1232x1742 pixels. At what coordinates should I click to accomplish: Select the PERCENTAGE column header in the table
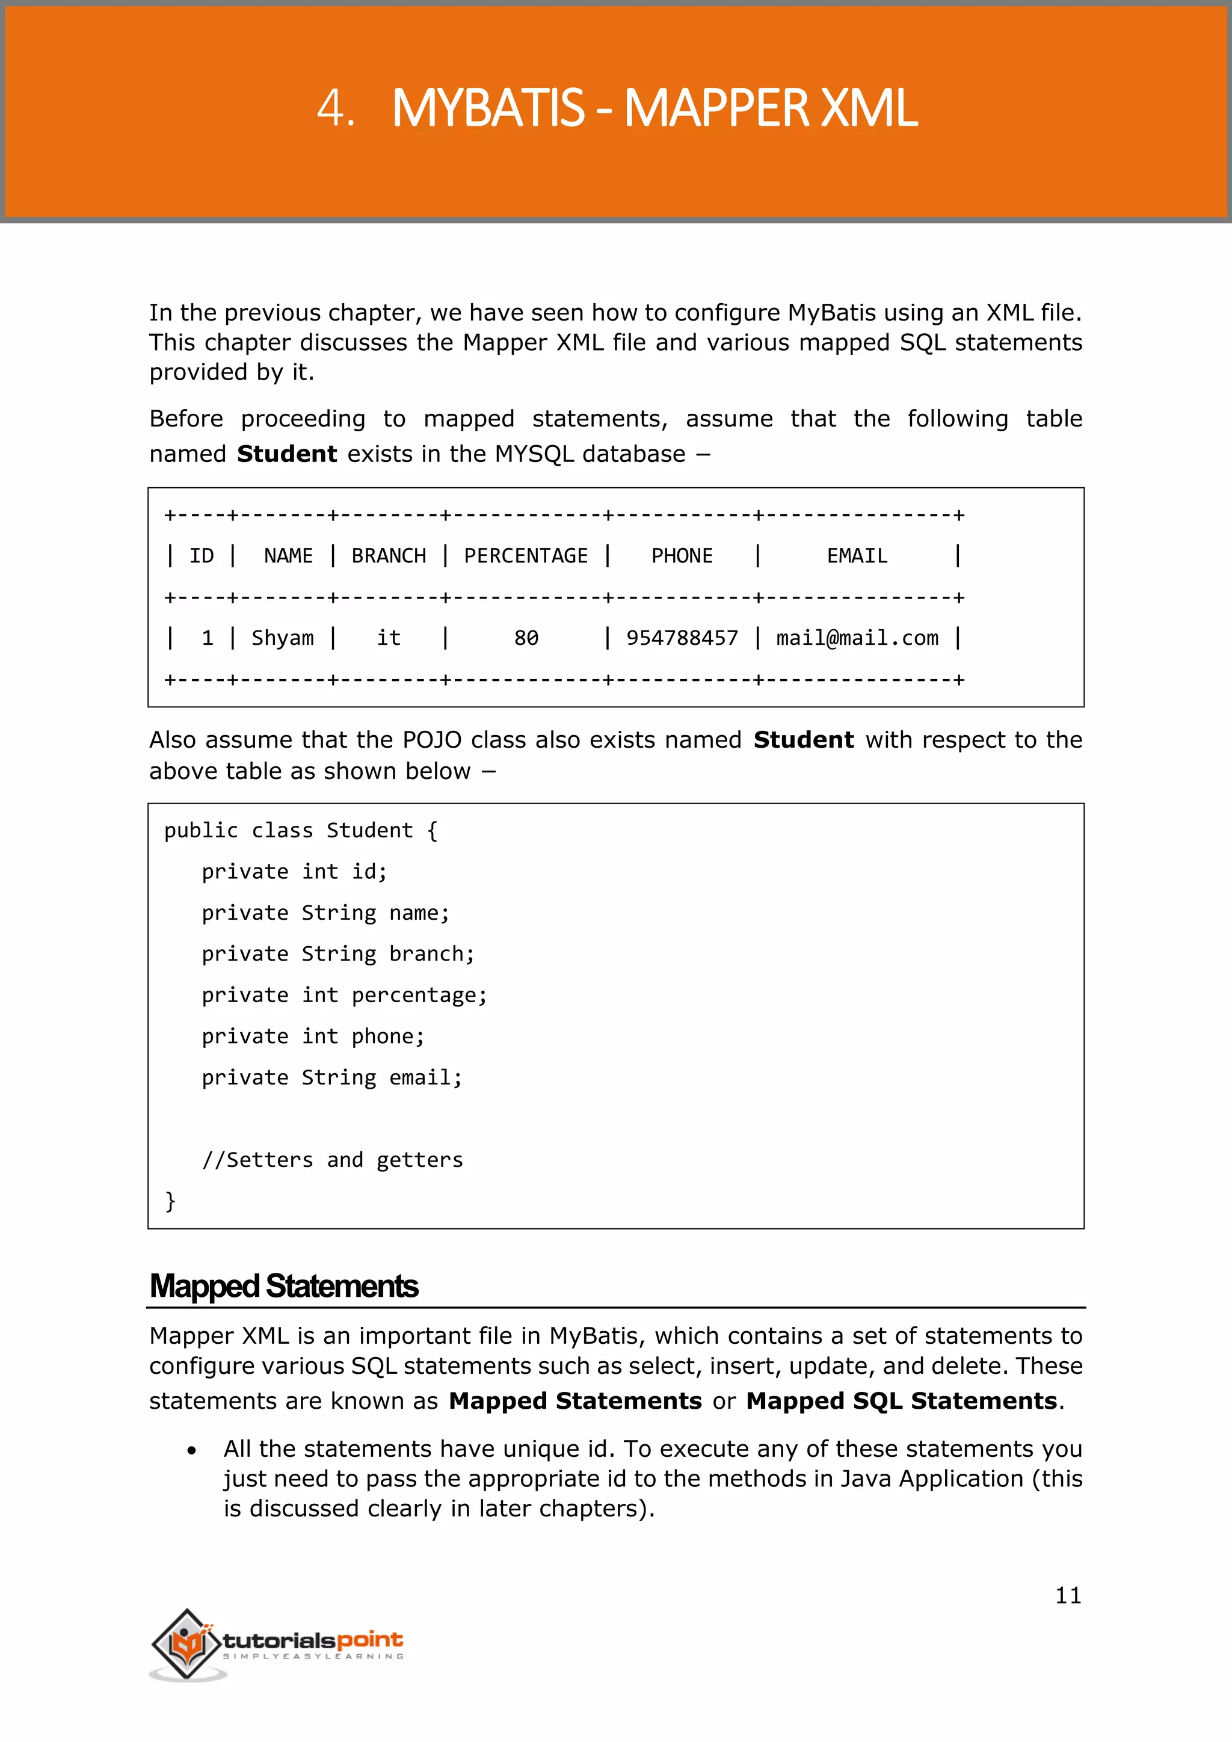pyautogui.click(x=526, y=556)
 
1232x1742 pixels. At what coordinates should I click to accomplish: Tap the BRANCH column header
pyautogui.click(x=389, y=556)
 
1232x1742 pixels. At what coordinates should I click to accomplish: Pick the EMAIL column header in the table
pyautogui.click(x=857, y=556)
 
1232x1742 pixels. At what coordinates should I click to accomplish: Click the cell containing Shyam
pyautogui.click(x=282, y=638)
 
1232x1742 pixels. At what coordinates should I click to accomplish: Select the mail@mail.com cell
pyautogui.click(x=857, y=638)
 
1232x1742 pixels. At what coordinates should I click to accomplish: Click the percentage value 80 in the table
pyautogui.click(x=526, y=638)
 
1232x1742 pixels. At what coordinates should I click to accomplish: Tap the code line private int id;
pyautogui.click(x=294, y=872)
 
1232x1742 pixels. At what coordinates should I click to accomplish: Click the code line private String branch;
pyautogui.click(x=337, y=953)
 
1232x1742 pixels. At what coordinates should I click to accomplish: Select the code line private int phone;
pyautogui.click(x=313, y=1036)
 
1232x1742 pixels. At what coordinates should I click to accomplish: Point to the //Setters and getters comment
pyautogui.click(x=332, y=1160)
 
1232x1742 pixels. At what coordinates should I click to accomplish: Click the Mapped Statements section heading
pyautogui.click(x=284, y=1287)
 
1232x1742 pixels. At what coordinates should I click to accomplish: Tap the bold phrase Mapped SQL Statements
pyautogui.click(x=901, y=1400)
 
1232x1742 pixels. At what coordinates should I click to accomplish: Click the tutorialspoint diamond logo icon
pyautogui.click(x=186, y=1643)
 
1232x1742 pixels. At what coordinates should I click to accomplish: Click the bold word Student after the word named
pyautogui.click(x=287, y=454)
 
